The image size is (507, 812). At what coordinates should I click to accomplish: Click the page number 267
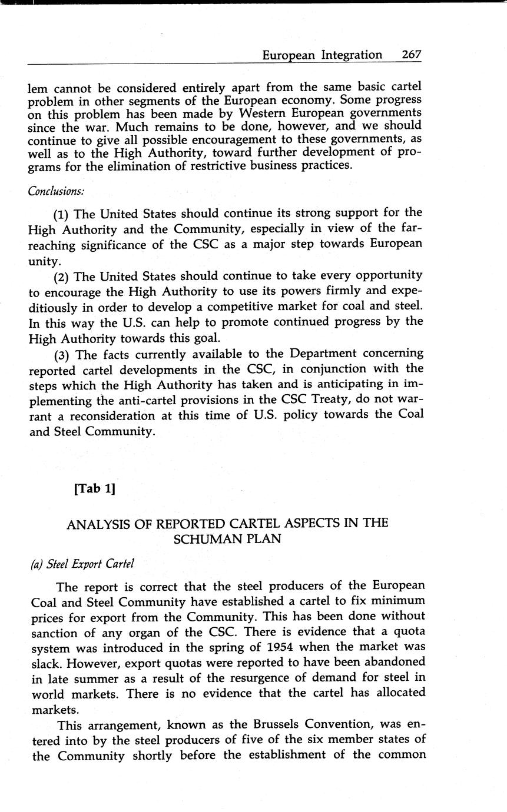tap(412, 55)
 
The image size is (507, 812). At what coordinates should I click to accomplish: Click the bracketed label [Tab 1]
tap(94, 488)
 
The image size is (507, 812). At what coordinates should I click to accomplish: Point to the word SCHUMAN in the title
tap(203, 539)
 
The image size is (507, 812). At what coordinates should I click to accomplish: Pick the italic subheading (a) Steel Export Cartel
tap(82, 563)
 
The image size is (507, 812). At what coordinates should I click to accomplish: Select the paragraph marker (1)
tap(62, 213)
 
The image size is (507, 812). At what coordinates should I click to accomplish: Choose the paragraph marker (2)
tap(62, 275)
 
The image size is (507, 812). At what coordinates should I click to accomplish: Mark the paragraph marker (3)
tap(62, 354)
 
